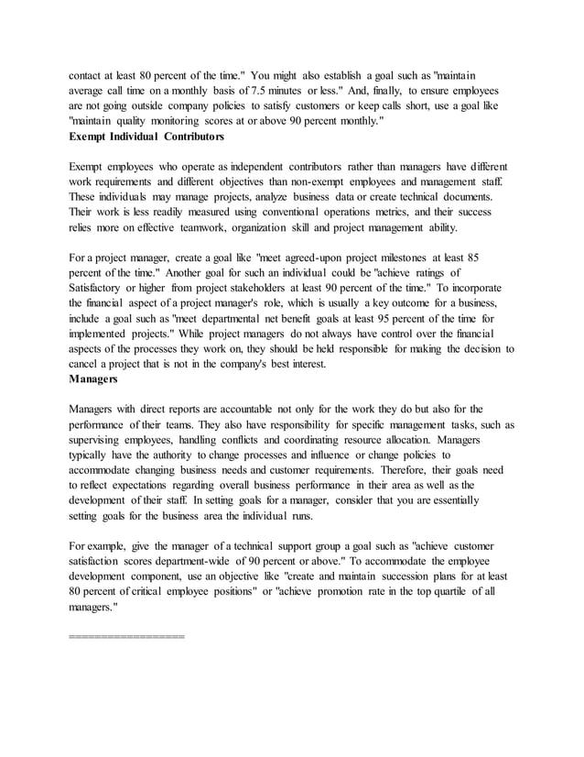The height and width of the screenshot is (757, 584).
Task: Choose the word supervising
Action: pyautogui.click(x=103, y=441)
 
